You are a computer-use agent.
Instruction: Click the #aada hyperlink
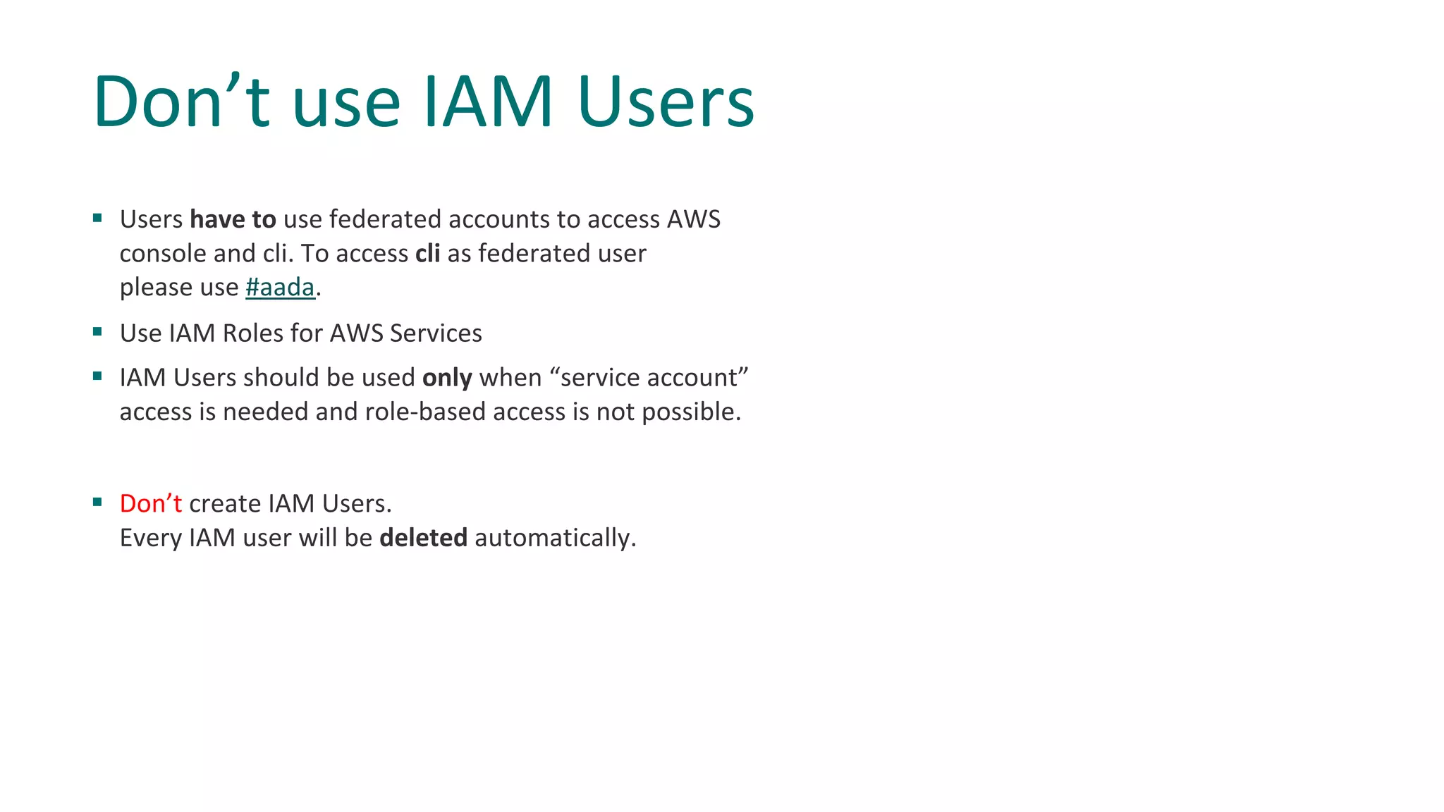[280, 288]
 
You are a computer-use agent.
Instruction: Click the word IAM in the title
[488, 102]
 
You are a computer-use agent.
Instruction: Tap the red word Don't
[150, 504]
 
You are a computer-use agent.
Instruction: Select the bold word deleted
[423, 538]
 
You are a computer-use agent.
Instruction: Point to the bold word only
[447, 378]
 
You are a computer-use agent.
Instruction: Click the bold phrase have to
[233, 220]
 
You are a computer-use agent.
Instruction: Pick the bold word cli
[427, 254]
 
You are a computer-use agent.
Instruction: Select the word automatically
[555, 538]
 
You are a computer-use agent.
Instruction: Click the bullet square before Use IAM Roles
[97, 332]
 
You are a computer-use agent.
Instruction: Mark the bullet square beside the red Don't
[97, 503]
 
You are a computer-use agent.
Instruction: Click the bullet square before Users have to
[97, 219]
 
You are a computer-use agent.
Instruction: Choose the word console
[163, 254]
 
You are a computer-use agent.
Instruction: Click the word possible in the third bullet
[690, 412]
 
